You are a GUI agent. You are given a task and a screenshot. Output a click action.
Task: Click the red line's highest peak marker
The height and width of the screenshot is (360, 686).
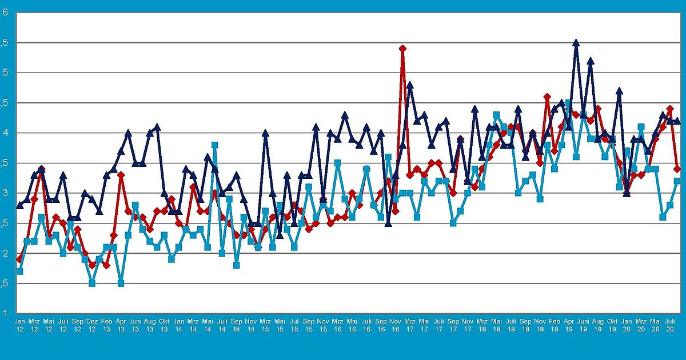coord(402,49)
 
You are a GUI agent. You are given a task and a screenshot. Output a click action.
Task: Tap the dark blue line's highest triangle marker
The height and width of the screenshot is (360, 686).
coord(576,43)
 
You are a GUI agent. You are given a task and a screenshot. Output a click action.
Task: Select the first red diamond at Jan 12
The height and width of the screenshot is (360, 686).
coord(19,259)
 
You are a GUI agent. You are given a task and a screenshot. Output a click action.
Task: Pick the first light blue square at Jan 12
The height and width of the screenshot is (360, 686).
coord(19,271)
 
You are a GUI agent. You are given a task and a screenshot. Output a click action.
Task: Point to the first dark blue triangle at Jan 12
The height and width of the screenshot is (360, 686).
coord(19,205)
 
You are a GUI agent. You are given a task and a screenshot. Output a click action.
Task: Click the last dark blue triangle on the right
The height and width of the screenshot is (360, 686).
coord(677,121)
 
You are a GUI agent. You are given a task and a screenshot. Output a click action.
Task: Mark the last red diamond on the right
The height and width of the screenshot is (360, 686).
coord(677,169)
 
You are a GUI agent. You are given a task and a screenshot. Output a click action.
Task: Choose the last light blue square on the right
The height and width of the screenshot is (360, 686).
coord(677,181)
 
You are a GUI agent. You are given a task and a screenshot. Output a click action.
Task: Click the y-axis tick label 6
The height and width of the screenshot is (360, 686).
coord(5,13)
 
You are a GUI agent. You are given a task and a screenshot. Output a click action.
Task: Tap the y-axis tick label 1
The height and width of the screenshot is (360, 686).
coord(5,313)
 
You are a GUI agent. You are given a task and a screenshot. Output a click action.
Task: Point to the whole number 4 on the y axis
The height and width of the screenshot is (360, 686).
coord(5,133)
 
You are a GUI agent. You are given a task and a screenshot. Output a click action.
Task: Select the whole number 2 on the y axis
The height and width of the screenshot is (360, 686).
coord(5,253)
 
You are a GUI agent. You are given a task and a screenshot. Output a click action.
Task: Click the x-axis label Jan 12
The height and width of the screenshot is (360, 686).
coord(19,326)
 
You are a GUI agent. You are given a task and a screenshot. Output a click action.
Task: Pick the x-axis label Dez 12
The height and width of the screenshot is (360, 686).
coord(92,326)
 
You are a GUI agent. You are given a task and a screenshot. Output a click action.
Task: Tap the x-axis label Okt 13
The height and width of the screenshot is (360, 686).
coord(164,326)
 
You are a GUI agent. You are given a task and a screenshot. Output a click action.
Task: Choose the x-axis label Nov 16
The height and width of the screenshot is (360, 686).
coord(395,326)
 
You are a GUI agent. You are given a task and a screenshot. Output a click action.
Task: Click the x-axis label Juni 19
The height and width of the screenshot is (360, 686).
coord(583,326)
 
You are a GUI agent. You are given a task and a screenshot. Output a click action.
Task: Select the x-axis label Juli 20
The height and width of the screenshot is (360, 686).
coord(670,326)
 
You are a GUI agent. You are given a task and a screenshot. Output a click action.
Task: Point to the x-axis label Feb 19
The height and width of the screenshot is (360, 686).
coord(554,326)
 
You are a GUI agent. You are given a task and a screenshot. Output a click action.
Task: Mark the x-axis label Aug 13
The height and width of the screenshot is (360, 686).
coord(150,326)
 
